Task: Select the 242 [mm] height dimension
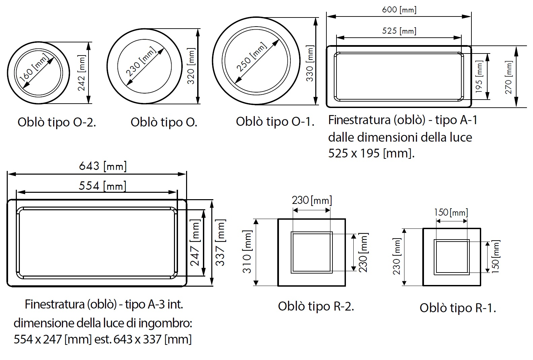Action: pos(82,73)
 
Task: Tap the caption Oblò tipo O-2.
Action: pos(57,122)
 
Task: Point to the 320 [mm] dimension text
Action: pos(191,66)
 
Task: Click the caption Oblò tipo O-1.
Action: pos(275,121)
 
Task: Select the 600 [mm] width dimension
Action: pos(399,10)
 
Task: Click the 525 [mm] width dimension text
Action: pos(399,31)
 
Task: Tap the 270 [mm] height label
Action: pos(508,77)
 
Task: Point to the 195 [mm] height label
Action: pos(479,76)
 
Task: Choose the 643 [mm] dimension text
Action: pos(103,166)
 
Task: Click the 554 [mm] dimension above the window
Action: pos(102,186)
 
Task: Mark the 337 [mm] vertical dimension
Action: pos(221,242)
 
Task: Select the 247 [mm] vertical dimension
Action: pos(195,242)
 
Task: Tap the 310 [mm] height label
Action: pos(247,252)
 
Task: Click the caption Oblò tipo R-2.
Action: pos(316,306)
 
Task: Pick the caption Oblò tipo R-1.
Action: pos(458,308)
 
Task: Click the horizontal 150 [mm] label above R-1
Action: pos(451,212)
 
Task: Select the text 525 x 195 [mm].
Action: pos(371,153)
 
